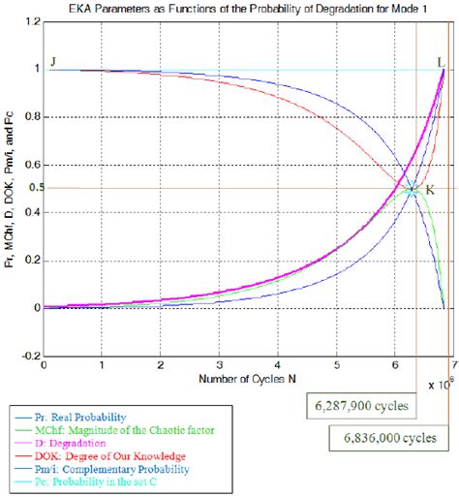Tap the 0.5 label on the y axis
pos(34,188)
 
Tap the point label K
pos(429,190)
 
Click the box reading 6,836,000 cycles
pos(394,438)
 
